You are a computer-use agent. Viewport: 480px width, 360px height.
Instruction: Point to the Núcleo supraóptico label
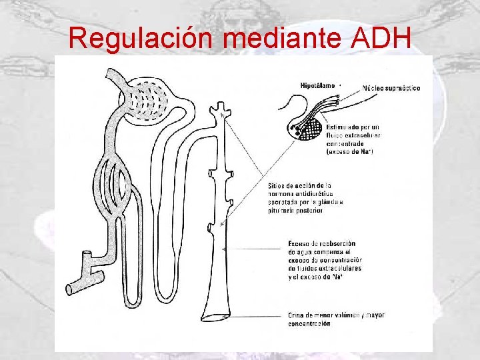[x=391, y=89]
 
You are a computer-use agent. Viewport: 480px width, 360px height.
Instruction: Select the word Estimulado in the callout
[x=344, y=126]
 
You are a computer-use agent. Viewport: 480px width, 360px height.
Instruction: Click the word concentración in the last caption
[x=309, y=323]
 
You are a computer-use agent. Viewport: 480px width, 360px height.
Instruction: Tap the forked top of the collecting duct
[x=219, y=109]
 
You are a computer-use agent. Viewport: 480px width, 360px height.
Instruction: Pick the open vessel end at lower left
[x=72, y=289]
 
